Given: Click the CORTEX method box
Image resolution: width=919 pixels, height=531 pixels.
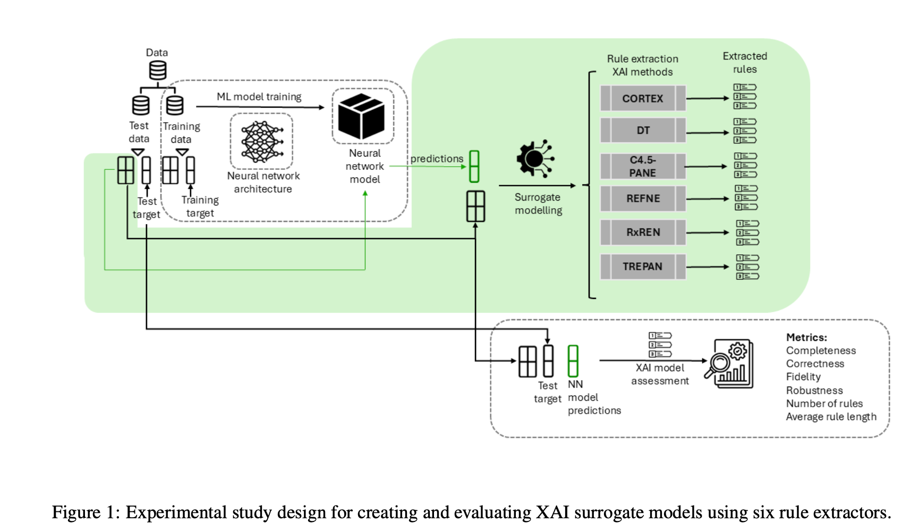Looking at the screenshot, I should (643, 99).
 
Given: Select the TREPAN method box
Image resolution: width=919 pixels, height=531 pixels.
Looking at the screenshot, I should (643, 267).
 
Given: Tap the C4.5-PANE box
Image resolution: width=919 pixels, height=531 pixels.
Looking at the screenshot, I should (643, 167).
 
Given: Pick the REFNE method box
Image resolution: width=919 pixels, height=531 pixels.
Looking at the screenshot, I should (643, 199).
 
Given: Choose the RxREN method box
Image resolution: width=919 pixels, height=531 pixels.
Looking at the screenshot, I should (643, 233).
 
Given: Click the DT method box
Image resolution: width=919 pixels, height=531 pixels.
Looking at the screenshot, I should (643, 131).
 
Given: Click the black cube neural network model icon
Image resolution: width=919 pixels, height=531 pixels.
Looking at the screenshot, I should (362, 116).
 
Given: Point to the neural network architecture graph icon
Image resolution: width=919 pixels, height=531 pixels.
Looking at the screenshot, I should (261, 141).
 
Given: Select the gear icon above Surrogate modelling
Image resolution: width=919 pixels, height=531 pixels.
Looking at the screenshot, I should (534, 158).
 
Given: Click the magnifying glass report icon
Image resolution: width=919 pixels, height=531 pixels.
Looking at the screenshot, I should (729, 364).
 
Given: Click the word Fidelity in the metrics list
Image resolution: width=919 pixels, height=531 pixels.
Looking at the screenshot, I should (803, 377).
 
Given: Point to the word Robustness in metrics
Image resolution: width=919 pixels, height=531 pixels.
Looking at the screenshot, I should (814, 390).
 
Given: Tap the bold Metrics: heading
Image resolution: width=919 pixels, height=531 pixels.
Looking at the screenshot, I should (806, 337).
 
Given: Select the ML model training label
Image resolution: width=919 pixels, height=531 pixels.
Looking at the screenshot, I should (259, 97).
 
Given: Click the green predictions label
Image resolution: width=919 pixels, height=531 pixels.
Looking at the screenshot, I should (437, 159).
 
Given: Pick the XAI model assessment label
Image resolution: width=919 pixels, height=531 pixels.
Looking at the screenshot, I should (660, 374).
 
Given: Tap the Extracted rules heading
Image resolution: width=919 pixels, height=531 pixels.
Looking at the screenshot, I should (745, 63).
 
